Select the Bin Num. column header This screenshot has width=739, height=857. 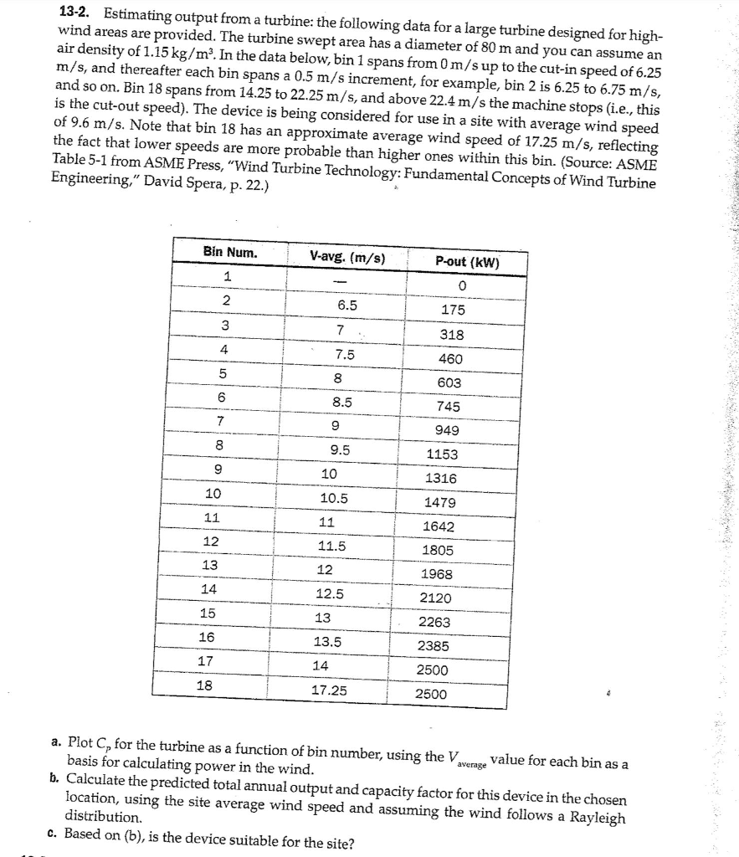(x=230, y=253)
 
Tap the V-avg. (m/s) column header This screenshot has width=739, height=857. (x=347, y=257)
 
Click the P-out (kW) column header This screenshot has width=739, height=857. (x=467, y=261)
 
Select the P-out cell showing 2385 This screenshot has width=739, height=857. (x=434, y=646)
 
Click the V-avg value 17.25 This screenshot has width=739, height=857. (x=330, y=690)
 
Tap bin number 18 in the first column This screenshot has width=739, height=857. (x=203, y=684)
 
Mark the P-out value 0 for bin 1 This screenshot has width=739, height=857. (x=460, y=286)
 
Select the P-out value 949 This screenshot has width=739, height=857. (x=444, y=430)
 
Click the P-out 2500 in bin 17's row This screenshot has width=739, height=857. (x=432, y=670)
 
